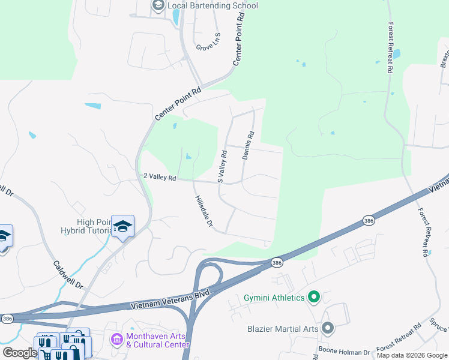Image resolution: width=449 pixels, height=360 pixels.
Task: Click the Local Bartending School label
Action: pyautogui.click(x=213, y=6)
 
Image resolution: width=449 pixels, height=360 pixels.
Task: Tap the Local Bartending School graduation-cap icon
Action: pyautogui.click(x=158, y=6)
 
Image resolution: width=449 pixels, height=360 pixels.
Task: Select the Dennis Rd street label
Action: pyautogui.click(x=249, y=146)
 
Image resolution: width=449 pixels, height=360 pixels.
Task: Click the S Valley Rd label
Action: pyautogui.click(x=221, y=166)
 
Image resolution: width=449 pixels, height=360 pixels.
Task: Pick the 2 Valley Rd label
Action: pyautogui.click(x=159, y=178)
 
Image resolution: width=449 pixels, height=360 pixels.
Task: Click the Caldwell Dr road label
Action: pyautogui.click(x=67, y=275)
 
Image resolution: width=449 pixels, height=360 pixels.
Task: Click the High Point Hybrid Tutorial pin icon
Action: pyautogui.click(x=122, y=226)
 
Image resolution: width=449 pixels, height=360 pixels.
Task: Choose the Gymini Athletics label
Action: pyautogui.click(x=274, y=298)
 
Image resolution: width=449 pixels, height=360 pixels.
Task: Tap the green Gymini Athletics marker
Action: pyautogui.click(x=313, y=297)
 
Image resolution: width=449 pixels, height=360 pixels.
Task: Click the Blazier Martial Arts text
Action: pyautogui.click(x=283, y=329)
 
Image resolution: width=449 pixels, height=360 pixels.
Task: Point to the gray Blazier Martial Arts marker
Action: pyautogui.click(x=327, y=328)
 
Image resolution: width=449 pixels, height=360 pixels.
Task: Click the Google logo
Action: pyautogui.click(x=19, y=353)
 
